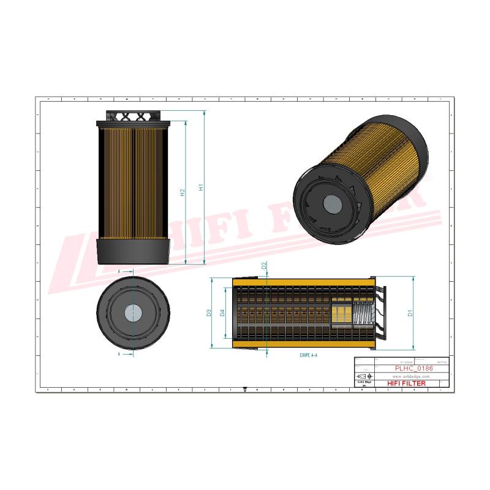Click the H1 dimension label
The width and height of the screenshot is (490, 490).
click(x=201, y=188)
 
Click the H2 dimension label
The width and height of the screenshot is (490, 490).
click(x=183, y=193)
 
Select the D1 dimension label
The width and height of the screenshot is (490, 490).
click(x=410, y=313)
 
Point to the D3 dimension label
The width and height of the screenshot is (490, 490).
click(x=209, y=313)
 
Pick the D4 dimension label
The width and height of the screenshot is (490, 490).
click(x=222, y=313)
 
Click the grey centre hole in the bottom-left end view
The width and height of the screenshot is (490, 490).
click(x=132, y=312)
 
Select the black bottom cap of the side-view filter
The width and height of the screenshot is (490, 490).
click(x=133, y=251)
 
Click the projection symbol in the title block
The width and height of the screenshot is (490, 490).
click(x=363, y=376)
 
